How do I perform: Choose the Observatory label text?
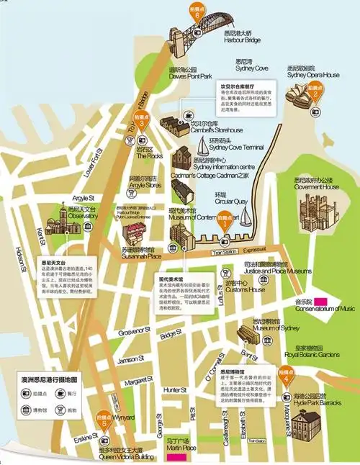pyautogui.click(x=63, y=215)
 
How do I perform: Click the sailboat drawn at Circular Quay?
pyautogui.click(x=246, y=215)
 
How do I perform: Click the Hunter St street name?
pyautogui.click(x=175, y=389)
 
